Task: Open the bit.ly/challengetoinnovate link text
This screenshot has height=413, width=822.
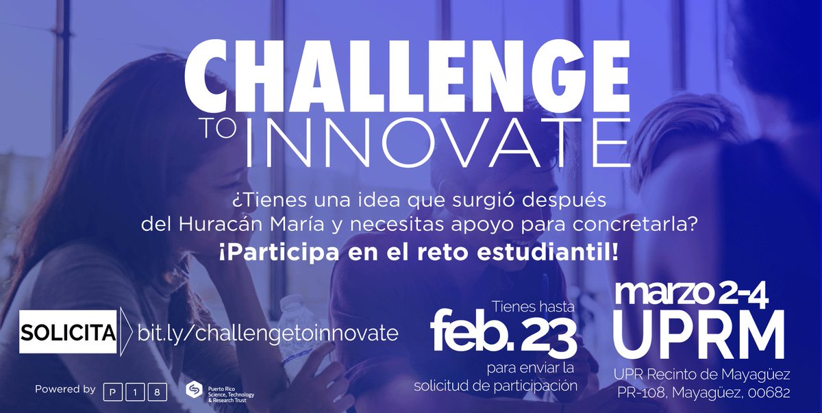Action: coord(268,333)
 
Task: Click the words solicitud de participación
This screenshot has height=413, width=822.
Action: coord(496,385)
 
